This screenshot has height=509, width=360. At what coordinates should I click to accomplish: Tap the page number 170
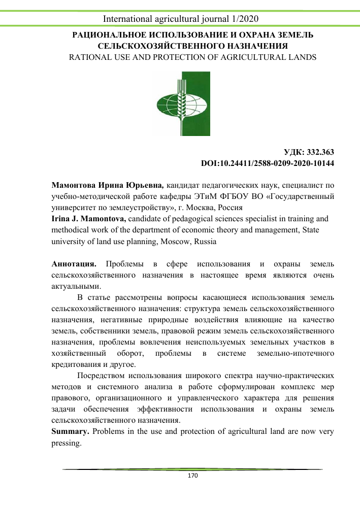pos(192,476)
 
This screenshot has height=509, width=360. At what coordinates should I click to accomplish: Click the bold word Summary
pos(71,432)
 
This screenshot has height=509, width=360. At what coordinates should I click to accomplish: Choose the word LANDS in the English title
pos(302,57)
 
